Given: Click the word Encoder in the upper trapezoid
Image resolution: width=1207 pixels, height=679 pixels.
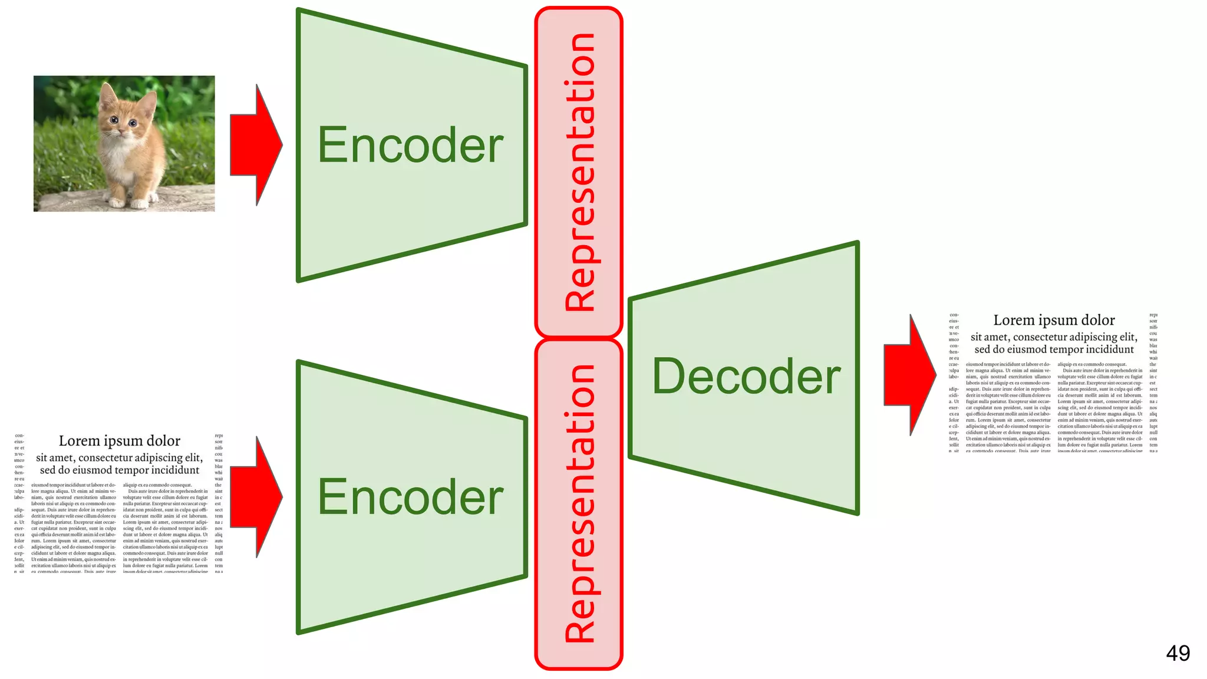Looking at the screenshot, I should click(410, 145).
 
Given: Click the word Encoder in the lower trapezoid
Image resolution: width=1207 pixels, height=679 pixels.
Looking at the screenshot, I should click(410, 497).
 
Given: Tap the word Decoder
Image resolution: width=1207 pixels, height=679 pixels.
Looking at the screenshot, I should click(746, 377).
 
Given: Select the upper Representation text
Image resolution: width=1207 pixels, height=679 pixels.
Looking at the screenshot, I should click(580, 172).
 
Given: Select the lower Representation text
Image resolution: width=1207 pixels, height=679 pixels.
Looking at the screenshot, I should click(580, 504).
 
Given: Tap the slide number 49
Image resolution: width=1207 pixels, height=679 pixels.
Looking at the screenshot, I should click(1178, 653).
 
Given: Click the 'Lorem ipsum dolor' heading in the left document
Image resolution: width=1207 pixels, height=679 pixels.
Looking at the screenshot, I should click(120, 441).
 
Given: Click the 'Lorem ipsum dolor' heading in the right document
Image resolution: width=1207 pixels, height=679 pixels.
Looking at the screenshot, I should click(1054, 320).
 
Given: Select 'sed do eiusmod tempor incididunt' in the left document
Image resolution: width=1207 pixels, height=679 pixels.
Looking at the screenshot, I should click(120, 470).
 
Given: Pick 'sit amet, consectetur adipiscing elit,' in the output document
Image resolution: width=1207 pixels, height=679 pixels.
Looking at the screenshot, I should click(1054, 337).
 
